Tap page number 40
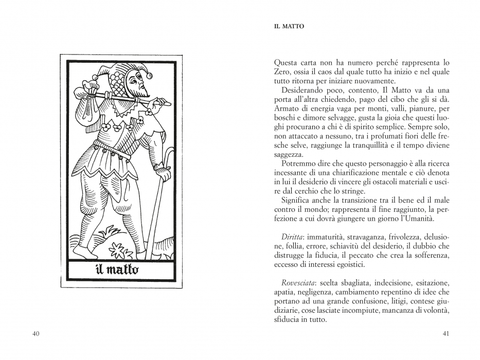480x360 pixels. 36,334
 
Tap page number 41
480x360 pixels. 446,334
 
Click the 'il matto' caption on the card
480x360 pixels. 117,269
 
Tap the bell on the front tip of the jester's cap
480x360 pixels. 150,75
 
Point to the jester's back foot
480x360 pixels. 81,252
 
